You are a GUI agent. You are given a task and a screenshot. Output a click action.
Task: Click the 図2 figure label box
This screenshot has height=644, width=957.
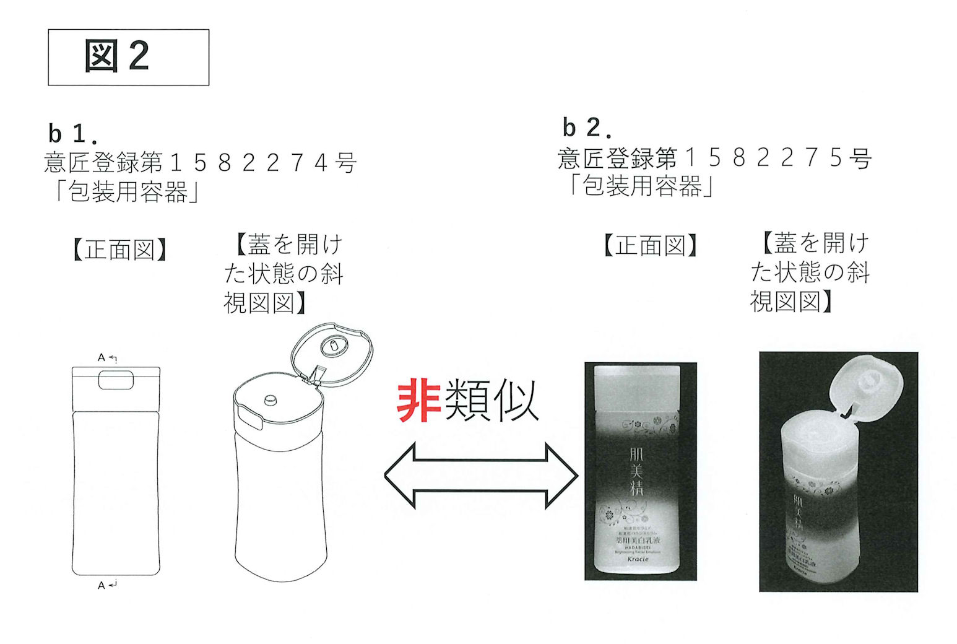point(128,57)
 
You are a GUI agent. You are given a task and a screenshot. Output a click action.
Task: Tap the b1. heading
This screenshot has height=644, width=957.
point(72,133)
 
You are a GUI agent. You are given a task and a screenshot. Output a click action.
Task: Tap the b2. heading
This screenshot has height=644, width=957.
point(587,128)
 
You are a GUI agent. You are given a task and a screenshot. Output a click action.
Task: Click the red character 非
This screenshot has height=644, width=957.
point(418,401)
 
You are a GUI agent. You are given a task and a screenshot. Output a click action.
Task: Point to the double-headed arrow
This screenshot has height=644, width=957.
point(481,476)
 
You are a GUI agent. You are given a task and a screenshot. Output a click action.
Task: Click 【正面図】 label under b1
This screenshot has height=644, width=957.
point(119,250)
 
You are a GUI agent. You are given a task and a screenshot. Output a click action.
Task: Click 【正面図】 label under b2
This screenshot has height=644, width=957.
point(650,246)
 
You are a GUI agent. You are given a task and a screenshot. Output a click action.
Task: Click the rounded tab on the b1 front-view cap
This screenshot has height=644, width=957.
point(116,380)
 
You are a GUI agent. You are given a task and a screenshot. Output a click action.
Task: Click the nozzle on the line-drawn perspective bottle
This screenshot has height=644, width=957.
point(270,400)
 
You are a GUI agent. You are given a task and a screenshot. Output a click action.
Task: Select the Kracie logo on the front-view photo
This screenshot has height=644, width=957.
point(638,559)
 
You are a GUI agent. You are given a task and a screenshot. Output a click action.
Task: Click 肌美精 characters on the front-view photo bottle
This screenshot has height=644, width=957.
point(636,471)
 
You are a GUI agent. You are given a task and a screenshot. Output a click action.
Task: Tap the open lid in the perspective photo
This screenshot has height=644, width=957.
point(866,386)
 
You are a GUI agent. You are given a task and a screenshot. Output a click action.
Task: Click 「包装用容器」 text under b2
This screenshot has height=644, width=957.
point(641,186)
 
